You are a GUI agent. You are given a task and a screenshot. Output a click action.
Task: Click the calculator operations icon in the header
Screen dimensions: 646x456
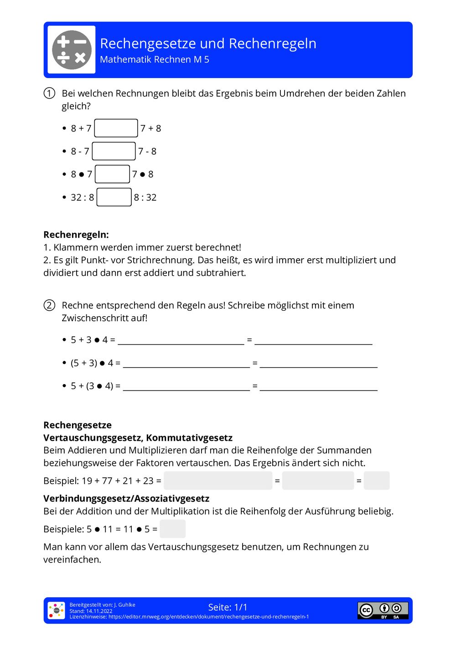(x=72, y=50)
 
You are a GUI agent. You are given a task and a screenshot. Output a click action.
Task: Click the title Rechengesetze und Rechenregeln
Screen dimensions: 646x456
(x=208, y=43)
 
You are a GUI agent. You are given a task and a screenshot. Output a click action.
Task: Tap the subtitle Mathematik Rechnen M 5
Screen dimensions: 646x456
(x=154, y=59)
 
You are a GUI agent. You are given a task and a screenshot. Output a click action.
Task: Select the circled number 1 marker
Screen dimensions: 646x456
(x=49, y=94)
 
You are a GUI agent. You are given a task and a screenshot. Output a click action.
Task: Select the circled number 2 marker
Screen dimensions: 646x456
(x=49, y=305)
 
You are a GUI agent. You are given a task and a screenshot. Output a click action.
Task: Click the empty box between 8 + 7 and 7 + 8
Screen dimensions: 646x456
(x=116, y=128)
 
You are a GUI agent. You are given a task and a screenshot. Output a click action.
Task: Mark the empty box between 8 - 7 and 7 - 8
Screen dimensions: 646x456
(x=114, y=151)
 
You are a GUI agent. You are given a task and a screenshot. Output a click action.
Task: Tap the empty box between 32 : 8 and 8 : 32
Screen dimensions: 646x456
(x=114, y=197)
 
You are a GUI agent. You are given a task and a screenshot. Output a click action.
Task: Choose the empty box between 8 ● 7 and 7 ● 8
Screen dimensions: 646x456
(x=112, y=174)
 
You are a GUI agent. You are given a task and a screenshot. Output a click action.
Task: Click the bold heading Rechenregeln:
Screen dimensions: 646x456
(x=76, y=234)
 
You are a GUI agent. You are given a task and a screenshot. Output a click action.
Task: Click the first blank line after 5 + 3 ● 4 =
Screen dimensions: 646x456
(x=181, y=340)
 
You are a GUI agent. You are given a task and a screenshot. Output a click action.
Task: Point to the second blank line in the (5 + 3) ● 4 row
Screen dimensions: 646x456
(x=318, y=363)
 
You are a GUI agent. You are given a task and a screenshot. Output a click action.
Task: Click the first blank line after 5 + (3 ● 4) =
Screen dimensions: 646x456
(x=186, y=386)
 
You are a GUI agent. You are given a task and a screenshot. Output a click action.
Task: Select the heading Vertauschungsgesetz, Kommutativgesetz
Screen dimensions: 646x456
(x=138, y=438)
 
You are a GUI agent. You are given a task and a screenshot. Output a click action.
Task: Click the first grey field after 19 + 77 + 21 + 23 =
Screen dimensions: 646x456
(x=218, y=480)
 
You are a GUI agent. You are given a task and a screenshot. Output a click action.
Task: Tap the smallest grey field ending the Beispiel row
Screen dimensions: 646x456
(x=377, y=480)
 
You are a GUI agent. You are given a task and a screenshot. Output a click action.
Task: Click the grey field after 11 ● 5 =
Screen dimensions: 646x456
(x=172, y=529)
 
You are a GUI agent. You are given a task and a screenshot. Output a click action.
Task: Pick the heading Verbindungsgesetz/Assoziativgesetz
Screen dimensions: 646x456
(x=126, y=498)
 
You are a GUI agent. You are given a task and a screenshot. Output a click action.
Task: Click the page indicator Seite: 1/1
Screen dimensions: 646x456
(x=228, y=607)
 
